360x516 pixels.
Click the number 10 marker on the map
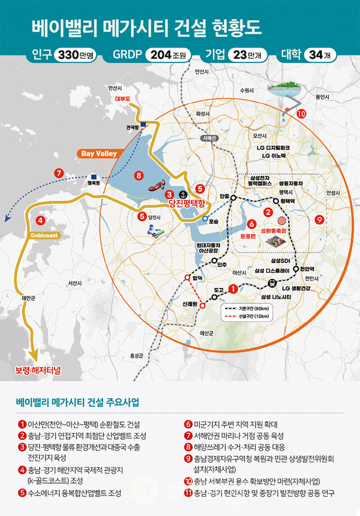(x=301, y=113)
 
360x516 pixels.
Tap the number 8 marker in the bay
(x=139, y=176)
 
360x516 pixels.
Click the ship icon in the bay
(x=158, y=184)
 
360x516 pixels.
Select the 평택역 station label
(x=289, y=202)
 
